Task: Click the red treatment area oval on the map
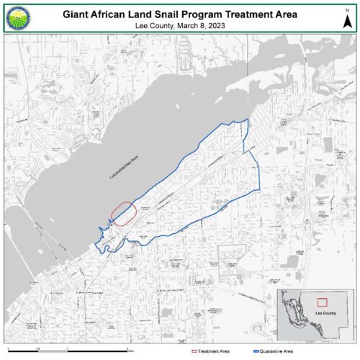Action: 124,214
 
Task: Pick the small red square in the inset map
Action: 323,302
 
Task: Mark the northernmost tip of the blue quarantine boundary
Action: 247,120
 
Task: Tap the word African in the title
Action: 117,13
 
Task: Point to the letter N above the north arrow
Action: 347,9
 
